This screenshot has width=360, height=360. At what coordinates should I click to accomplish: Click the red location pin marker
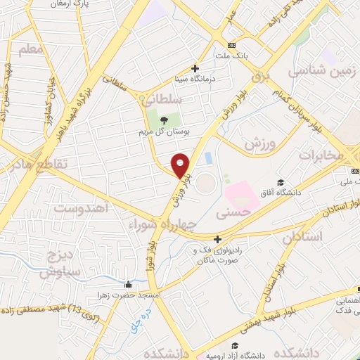(181, 165)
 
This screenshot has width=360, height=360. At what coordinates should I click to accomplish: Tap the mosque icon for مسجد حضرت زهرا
(128, 285)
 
